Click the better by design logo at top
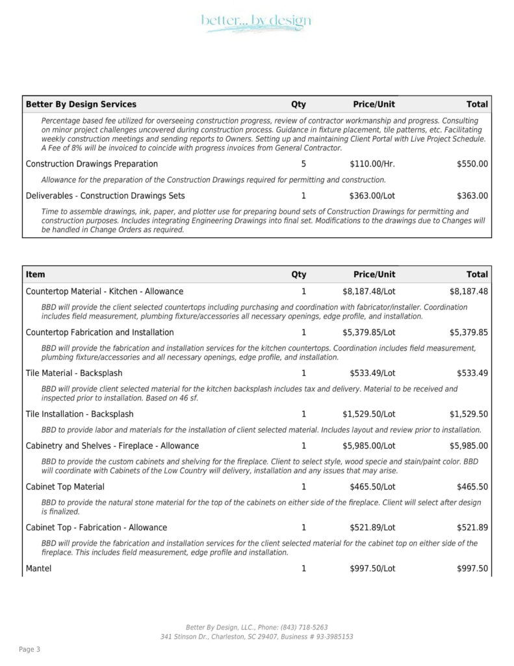click(256, 22)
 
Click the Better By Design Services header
click(81, 104)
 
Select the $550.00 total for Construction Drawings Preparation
click(472, 164)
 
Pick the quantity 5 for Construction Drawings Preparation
click(303, 164)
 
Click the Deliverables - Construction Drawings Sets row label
click(105, 196)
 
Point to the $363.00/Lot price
click(372, 196)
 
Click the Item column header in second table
click(36, 274)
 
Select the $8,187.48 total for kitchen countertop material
click(469, 291)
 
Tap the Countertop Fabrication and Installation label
click(99, 332)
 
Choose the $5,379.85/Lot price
click(368, 332)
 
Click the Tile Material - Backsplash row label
click(74, 373)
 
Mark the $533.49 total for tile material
click(472, 373)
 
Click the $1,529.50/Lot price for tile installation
click(368, 414)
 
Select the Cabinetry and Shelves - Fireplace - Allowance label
click(112, 446)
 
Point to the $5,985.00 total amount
click(469, 446)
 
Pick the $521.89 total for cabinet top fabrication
click(472, 527)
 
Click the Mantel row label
click(38, 568)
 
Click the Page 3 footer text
click(30, 649)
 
